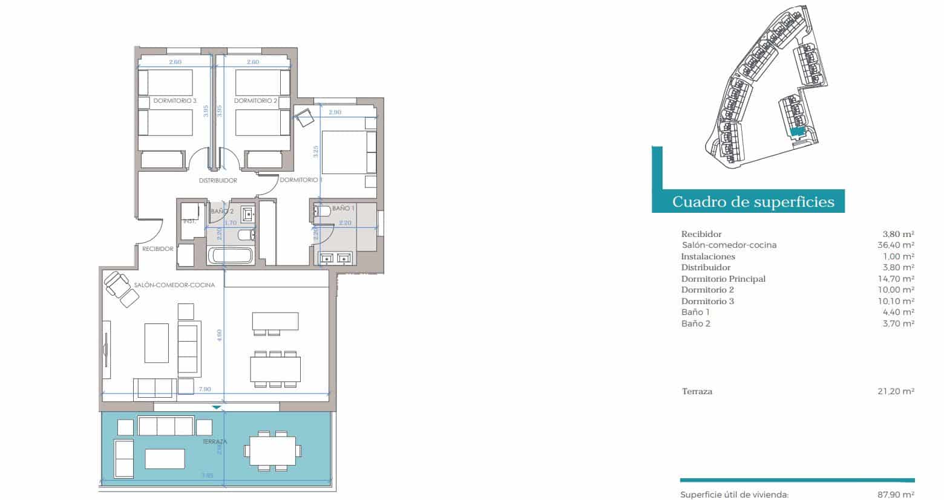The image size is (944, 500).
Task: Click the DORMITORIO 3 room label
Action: click(174, 101)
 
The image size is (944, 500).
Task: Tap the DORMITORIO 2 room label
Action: click(255, 101)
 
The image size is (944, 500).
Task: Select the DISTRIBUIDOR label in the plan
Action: click(218, 180)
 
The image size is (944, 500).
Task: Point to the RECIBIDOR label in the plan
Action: click(158, 248)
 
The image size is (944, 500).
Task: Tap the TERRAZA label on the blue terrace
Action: click(214, 442)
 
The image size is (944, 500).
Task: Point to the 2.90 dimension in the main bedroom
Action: click(335, 112)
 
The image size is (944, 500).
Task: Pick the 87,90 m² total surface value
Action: click(896, 495)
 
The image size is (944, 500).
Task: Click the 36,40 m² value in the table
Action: click(896, 245)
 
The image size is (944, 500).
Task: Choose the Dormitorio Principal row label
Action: click(723, 279)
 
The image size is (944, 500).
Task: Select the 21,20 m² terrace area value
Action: click(896, 391)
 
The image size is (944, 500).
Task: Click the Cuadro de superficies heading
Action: click(753, 201)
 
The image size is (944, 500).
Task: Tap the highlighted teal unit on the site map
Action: click(797, 131)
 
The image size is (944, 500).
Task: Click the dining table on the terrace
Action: click(272, 450)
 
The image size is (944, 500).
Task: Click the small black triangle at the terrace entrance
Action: click(217, 407)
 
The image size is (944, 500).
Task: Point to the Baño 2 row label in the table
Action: click(696, 323)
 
